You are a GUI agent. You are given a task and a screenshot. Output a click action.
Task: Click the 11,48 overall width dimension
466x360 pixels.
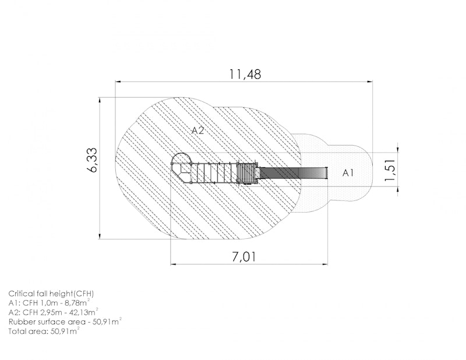[x=245, y=75]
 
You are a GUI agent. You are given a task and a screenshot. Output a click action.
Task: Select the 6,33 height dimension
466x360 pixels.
[x=93, y=160]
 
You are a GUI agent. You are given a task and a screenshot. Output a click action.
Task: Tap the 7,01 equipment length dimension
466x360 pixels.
[x=243, y=257]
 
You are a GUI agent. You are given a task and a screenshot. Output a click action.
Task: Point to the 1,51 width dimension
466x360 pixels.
[x=390, y=170]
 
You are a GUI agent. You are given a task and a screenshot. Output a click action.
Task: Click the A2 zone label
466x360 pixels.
[x=197, y=130]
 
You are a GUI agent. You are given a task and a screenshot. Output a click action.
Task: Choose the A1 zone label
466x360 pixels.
[x=348, y=172]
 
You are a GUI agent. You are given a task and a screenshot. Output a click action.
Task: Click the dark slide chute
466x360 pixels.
[x=293, y=172]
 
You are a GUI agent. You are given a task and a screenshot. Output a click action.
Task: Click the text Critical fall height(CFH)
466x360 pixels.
[x=51, y=294]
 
